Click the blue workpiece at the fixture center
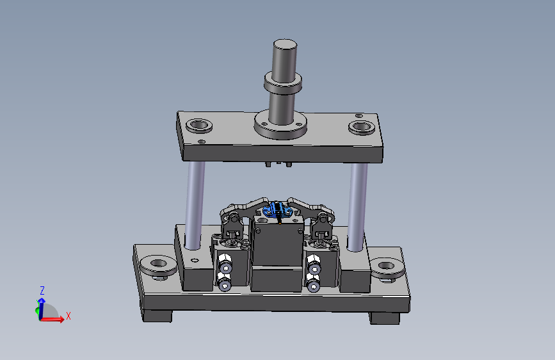click(x=277, y=209)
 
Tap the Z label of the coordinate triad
click(x=42, y=291)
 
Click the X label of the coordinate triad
click(x=68, y=316)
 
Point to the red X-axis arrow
click(x=52, y=319)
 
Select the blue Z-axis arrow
click(x=42, y=308)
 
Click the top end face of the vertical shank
click(x=285, y=44)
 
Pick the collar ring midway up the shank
click(x=283, y=83)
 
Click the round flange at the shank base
click(x=280, y=125)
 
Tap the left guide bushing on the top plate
click(x=199, y=126)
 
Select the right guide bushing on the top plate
click(x=362, y=127)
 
